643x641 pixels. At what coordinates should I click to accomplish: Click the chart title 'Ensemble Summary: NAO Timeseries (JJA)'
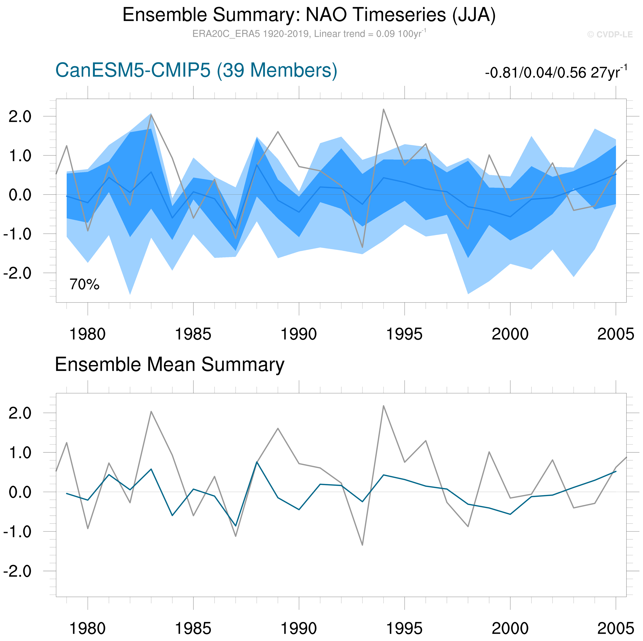point(309,15)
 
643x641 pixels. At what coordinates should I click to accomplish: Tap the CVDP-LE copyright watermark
point(610,35)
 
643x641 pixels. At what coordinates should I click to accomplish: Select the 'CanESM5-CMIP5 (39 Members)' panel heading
point(196,70)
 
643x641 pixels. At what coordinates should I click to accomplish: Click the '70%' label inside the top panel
point(85,285)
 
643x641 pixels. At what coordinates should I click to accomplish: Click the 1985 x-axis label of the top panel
point(193,334)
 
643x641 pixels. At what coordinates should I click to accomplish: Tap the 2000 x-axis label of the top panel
point(510,334)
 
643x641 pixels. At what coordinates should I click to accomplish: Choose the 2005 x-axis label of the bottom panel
point(616,628)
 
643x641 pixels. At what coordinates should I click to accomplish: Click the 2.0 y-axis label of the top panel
point(20,117)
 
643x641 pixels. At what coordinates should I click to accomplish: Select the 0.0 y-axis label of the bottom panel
point(20,492)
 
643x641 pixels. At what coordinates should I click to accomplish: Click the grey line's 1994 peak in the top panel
point(383,109)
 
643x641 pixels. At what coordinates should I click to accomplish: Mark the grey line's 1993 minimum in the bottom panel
point(362,545)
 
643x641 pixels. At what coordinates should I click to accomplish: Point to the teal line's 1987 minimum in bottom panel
point(236,526)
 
